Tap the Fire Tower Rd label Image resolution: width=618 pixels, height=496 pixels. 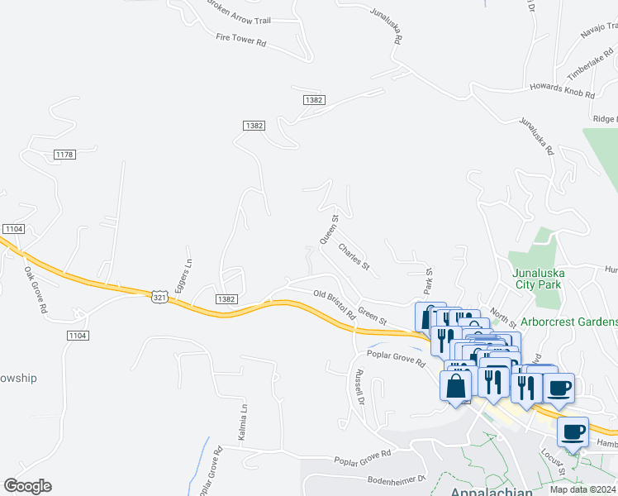pyautogui.click(x=241, y=39)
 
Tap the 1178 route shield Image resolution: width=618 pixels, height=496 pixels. pyautogui.click(x=64, y=155)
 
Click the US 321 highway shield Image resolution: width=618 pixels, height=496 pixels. pyautogui.click(x=160, y=296)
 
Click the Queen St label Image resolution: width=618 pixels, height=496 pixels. pyautogui.click(x=330, y=230)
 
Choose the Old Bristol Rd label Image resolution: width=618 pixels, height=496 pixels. pyautogui.click(x=334, y=304)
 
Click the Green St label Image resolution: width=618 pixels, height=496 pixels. pyautogui.click(x=373, y=316)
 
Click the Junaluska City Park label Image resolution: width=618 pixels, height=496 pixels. pyautogui.click(x=538, y=277)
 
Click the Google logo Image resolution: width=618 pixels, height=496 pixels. pyautogui.click(x=28, y=485)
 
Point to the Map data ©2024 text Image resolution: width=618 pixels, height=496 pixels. pyautogui.click(x=582, y=489)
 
